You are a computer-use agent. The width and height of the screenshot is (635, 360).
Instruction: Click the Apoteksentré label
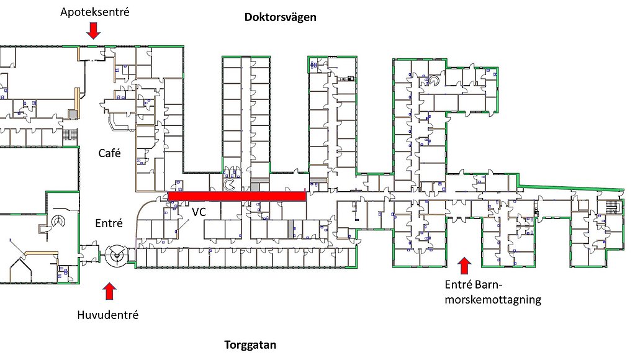click(95, 11)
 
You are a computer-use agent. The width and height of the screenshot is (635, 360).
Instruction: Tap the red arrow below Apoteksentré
click(93, 30)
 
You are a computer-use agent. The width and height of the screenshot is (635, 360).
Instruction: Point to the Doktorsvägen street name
click(280, 17)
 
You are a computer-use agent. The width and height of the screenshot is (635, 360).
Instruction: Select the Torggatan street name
click(250, 345)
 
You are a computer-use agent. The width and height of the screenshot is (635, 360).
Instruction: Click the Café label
click(110, 153)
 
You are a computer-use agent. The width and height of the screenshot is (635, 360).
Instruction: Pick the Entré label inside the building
click(109, 223)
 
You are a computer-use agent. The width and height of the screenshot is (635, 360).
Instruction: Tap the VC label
click(199, 212)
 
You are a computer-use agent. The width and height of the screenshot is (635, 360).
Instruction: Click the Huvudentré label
click(108, 315)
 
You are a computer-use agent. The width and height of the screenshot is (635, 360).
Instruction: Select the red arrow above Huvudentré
click(109, 291)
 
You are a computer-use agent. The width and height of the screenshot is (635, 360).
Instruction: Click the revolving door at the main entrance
click(115, 254)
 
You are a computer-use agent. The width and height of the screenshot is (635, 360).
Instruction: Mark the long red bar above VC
click(236, 196)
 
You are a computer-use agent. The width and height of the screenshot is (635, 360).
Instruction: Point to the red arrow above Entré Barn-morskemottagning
click(463, 265)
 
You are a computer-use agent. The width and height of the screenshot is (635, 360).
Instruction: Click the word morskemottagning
click(493, 300)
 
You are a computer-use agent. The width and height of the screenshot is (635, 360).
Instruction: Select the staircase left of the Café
click(70, 135)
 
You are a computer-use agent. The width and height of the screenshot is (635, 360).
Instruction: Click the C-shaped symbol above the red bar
click(231, 184)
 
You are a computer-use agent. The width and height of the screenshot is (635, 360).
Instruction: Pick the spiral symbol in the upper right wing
click(434, 80)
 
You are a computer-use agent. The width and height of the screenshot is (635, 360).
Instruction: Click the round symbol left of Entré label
click(60, 220)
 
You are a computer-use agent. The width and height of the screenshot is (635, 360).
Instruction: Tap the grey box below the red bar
click(290, 228)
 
